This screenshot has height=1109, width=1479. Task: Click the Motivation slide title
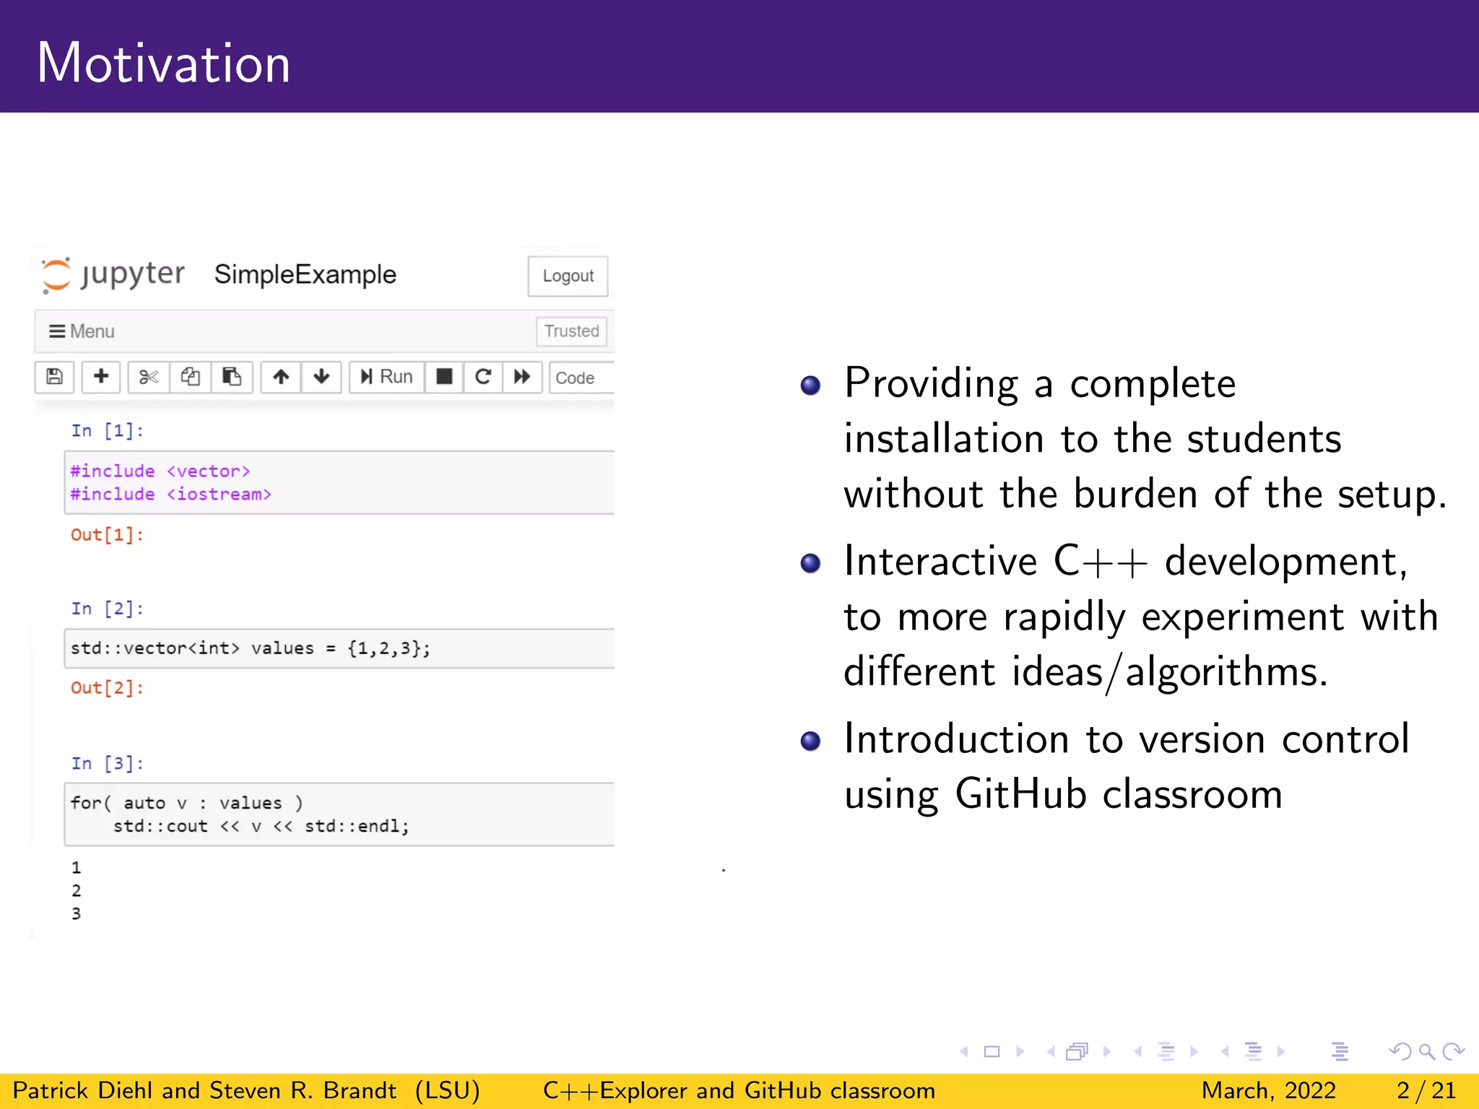163,64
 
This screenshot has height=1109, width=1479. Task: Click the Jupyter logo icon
56,275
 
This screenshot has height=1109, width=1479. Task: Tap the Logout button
568,276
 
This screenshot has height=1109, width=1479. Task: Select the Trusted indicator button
571,331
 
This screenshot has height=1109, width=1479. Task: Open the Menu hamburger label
82,331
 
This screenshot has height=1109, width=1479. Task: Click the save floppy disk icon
54,377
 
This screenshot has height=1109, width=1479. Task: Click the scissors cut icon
149,377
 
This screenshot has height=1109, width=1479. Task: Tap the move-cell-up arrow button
281,377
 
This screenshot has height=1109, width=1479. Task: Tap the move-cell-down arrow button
321,377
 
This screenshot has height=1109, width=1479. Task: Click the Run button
387,377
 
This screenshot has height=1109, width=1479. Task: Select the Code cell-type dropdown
578,378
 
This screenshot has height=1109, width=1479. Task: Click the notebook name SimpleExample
305,274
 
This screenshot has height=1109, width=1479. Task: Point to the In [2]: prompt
107,609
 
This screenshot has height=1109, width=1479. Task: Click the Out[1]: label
107,535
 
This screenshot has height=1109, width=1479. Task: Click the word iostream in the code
219,495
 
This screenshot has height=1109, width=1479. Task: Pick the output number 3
77,914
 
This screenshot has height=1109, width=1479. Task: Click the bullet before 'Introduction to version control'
810,741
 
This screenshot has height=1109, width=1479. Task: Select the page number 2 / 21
1426,1090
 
